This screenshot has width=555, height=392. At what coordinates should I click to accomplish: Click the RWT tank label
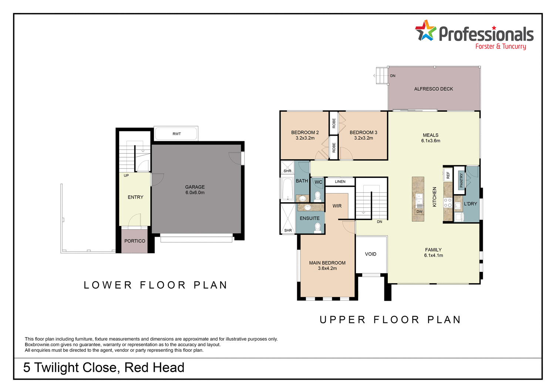point(176,134)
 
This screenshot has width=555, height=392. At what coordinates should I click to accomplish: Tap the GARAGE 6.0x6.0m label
point(195,190)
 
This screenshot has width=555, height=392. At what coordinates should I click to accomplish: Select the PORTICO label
point(135,241)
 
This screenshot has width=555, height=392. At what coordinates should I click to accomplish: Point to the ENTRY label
point(135,197)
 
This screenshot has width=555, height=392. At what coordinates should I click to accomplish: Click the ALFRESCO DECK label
point(434,89)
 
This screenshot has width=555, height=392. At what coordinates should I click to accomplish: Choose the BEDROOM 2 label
point(305,135)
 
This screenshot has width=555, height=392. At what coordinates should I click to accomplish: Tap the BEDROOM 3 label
point(363,135)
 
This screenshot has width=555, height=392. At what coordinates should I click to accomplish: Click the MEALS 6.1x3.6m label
point(431,138)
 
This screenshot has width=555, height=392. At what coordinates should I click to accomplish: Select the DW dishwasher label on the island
point(419,212)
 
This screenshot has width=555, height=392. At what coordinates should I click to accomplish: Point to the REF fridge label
point(448,175)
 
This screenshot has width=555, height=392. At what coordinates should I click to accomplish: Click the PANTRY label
point(461,180)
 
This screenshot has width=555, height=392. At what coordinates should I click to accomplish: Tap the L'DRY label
point(470,204)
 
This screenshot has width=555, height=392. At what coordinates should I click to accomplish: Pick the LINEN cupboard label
point(340,182)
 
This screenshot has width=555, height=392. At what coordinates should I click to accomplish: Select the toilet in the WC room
point(317,196)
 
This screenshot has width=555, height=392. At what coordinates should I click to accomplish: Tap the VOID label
point(370,254)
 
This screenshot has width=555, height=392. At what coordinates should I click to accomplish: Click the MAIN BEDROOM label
point(327,266)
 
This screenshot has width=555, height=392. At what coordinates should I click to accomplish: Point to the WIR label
point(337,206)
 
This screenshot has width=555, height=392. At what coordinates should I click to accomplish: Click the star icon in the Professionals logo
point(425,31)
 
